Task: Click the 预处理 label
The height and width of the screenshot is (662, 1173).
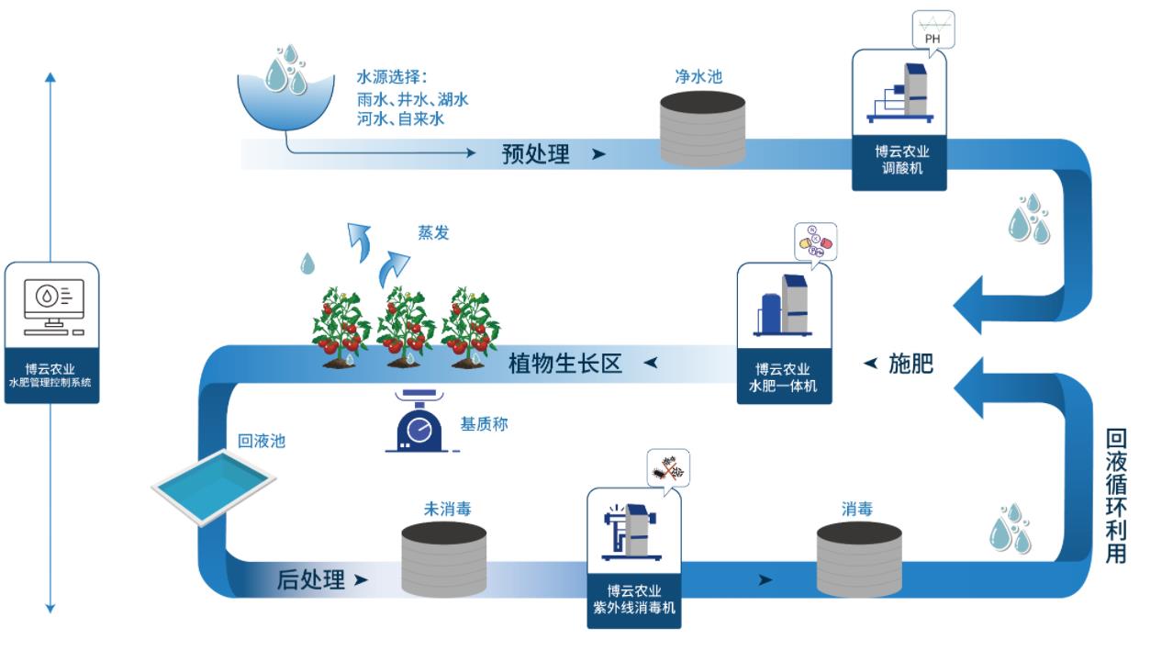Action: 536,154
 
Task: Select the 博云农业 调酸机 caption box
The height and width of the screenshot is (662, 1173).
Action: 899,162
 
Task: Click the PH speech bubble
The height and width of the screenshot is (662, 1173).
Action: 932,30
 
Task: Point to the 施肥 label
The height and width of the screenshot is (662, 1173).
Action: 910,364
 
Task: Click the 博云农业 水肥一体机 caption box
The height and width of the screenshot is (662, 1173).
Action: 785,377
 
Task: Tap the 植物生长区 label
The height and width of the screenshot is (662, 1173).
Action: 565,364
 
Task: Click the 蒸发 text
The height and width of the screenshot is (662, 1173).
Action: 434,233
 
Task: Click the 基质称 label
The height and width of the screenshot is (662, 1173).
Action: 484,424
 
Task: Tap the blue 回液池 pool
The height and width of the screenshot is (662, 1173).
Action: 214,486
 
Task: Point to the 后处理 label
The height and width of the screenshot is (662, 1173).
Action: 311,579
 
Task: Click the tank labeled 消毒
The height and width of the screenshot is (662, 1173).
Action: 858,560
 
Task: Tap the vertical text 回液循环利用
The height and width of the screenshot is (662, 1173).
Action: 1115,496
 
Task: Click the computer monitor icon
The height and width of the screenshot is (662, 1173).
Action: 51,306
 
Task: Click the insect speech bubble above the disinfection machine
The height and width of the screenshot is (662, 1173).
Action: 666,468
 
